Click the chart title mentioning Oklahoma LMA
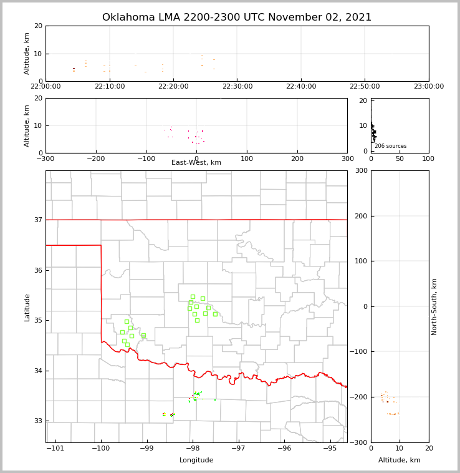pyautogui.click(x=237, y=17)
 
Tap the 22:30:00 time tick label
pyautogui.click(x=237, y=87)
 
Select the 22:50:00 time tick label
pyautogui.click(x=365, y=87)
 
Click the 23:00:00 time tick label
pyautogui.click(x=428, y=87)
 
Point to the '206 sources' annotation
pyautogui.click(x=390, y=146)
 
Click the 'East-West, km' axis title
pyautogui.click(x=196, y=163)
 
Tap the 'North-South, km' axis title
pyautogui.click(x=434, y=306)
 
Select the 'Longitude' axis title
pyautogui.click(x=196, y=461)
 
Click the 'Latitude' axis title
pyautogui.click(x=27, y=307)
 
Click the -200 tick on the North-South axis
pyautogui.click(x=357, y=397)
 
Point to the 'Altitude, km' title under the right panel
pyautogui.click(x=400, y=461)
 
